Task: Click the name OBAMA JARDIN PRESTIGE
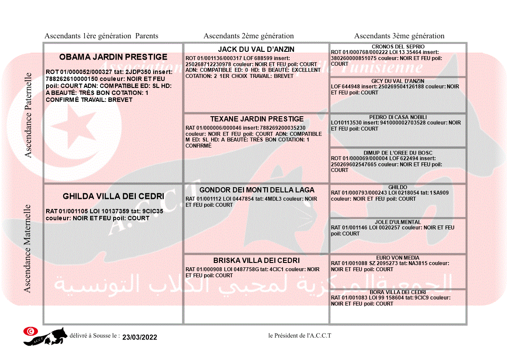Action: [113, 57]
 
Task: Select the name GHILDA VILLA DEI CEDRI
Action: [113, 196]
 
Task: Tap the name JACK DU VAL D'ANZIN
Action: [256, 50]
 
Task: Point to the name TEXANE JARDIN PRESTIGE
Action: [257, 119]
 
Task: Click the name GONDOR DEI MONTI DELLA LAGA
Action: [257, 190]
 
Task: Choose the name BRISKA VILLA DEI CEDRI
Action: [256, 261]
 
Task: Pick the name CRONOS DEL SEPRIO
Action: [398, 47]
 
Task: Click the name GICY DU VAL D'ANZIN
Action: [398, 81]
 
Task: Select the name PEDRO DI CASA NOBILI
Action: [398, 118]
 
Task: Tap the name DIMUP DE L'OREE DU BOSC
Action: [398, 153]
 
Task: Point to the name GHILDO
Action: [398, 187]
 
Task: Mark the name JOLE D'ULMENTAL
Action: [398, 222]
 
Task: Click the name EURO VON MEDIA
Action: [398, 258]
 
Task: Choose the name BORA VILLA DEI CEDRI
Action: [398, 293]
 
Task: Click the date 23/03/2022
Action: [140, 337]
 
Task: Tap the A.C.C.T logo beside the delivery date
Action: [45, 336]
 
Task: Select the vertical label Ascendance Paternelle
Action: [28, 115]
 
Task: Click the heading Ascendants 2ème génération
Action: [249, 36]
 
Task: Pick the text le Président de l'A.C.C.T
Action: [300, 335]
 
